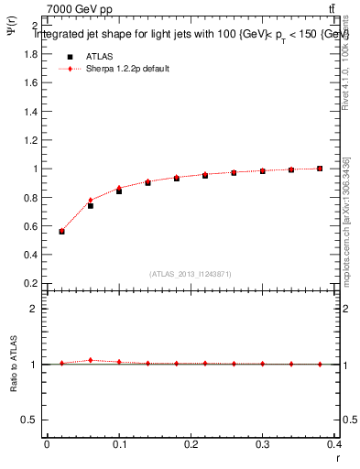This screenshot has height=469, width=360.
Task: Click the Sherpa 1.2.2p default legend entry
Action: [128, 69]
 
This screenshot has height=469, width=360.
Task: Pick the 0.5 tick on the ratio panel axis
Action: [30, 420]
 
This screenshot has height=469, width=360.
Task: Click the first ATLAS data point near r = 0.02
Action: [61, 232]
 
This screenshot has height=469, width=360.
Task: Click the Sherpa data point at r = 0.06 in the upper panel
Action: [90, 200]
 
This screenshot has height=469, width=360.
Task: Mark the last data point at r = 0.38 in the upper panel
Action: [320, 169]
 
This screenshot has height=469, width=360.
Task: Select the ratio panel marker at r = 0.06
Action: [90, 360]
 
